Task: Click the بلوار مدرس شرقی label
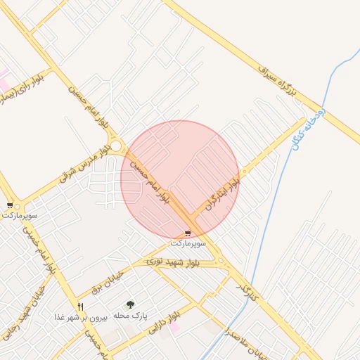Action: [x=85, y=162]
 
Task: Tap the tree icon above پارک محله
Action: [x=130, y=304]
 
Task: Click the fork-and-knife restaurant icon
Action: [x=80, y=307]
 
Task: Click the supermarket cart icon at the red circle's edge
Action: [x=187, y=233]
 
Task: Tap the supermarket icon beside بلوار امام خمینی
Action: [x=9, y=205]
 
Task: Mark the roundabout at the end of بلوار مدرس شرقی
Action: [x=116, y=146]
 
